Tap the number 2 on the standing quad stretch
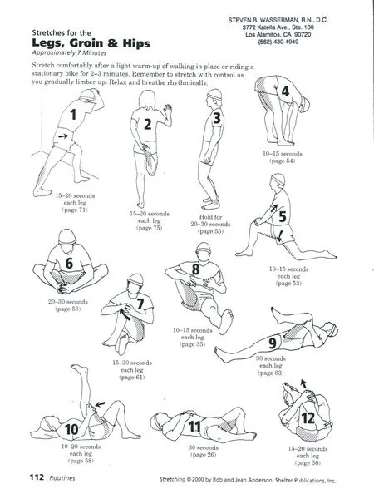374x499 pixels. pos(147,125)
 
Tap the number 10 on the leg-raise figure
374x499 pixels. pos(72,428)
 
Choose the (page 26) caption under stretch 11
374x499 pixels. pos(203,455)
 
